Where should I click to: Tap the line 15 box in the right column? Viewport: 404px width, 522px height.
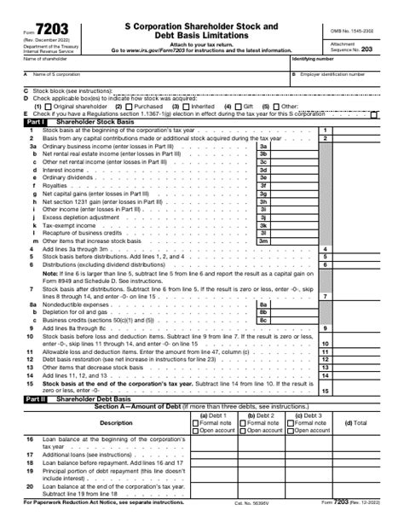click(325, 390)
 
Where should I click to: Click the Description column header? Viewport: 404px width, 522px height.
click(116, 422)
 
